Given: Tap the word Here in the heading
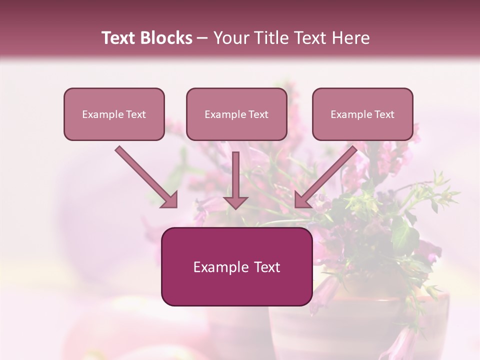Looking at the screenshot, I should click(349, 38).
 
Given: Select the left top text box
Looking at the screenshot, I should click(114, 114).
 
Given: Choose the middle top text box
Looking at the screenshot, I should click(236, 114).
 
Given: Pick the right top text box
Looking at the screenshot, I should click(362, 114).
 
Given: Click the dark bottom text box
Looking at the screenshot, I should click(237, 267).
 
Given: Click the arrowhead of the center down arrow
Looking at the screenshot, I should click(235, 201).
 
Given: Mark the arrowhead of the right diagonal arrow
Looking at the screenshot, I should click(302, 200).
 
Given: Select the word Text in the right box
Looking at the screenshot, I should click(384, 114).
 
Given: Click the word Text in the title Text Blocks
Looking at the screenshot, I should click(119, 38).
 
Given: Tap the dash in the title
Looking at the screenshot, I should click(202, 38).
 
